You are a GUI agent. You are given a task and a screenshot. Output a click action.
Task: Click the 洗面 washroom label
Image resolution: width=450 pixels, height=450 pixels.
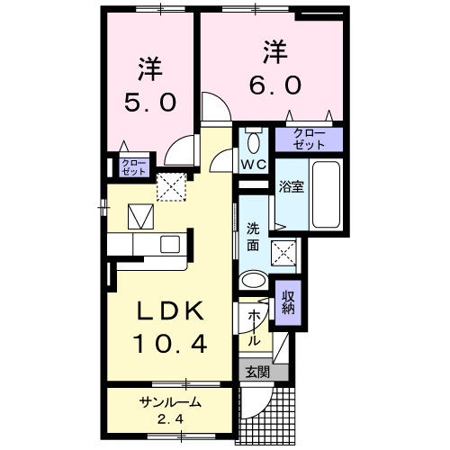pyautogui.click(x=253, y=236)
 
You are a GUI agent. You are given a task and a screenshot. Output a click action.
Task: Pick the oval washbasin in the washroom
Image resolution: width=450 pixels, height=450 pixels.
pyautogui.click(x=256, y=281)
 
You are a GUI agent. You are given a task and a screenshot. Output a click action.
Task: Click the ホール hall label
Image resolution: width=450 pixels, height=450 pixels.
pyautogui.click(x=255, y=328)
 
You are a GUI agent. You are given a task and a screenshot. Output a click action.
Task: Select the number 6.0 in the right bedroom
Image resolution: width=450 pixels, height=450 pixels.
pyautogui.click(x=275, y=84)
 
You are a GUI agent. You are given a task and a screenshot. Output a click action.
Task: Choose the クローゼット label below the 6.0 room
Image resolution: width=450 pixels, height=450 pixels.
pyautogui.click(x=309, y=139)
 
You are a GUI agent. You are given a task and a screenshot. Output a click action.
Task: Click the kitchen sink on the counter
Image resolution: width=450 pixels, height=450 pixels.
pyautogui.click(x=169, y=243)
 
